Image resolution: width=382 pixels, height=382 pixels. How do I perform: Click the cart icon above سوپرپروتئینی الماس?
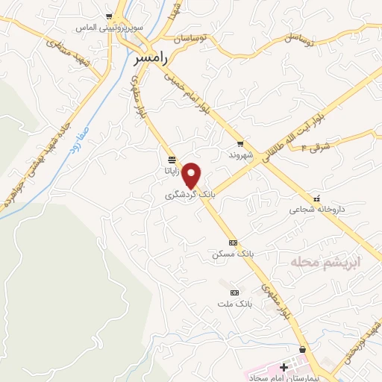point(110,16)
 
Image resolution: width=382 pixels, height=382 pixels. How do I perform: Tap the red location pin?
point(192,175)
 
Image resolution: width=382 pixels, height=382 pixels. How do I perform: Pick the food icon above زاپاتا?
point(172,160)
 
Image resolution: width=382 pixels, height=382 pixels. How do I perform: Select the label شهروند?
point(243,155)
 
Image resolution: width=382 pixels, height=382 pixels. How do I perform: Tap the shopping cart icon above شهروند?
point(240,144)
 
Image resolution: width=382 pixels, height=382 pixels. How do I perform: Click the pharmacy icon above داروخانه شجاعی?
point(317,198)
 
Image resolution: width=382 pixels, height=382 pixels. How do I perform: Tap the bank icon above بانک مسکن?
point(234,242)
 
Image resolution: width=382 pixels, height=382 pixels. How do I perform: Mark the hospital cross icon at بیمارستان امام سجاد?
point(284,367)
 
